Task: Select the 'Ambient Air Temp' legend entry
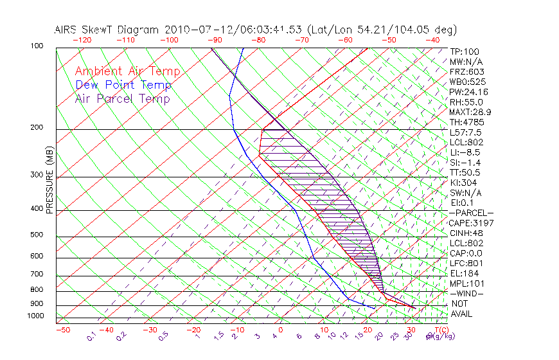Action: [128, 71]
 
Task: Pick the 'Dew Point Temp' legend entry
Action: [123, 85]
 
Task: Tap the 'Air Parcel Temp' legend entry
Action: [123, 98]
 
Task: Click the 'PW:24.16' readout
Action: [469, 92]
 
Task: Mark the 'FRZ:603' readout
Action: [467, 71]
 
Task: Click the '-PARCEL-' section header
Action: [471, 213]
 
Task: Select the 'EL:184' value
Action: [464, 273]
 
